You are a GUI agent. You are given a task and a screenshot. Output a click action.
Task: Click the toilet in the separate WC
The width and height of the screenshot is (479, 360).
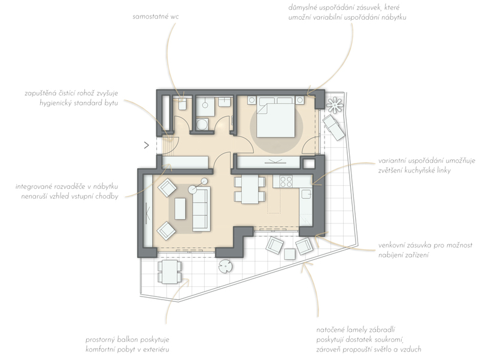[183, 103]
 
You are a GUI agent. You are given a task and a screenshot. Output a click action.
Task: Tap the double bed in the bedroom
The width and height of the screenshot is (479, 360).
[276, 116]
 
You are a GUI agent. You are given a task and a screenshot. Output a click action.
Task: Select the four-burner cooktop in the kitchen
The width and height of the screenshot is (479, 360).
[286, 181]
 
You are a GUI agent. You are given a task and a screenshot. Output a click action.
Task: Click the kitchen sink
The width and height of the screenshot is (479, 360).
[306, 193]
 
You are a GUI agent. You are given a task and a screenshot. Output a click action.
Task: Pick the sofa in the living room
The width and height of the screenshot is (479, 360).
[201, 209]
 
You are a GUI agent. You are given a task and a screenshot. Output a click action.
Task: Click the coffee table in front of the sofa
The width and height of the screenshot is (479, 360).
[180, 208]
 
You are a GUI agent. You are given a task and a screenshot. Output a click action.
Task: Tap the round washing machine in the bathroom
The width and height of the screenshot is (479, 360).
[202, 125]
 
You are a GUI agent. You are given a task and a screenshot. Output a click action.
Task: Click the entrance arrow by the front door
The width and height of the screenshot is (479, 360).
[147, 145]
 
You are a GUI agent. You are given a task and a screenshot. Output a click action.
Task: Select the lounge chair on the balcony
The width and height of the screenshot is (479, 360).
[334, 128]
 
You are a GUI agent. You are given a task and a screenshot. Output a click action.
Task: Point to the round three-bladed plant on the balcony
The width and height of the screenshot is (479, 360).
[226, 266]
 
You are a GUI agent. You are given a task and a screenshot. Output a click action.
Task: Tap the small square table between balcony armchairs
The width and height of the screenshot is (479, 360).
[290, 254]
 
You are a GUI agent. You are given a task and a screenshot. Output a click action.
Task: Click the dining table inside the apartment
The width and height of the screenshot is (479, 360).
[250, 189]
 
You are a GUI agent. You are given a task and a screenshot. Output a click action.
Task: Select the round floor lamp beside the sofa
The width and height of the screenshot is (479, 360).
[193, 189]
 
